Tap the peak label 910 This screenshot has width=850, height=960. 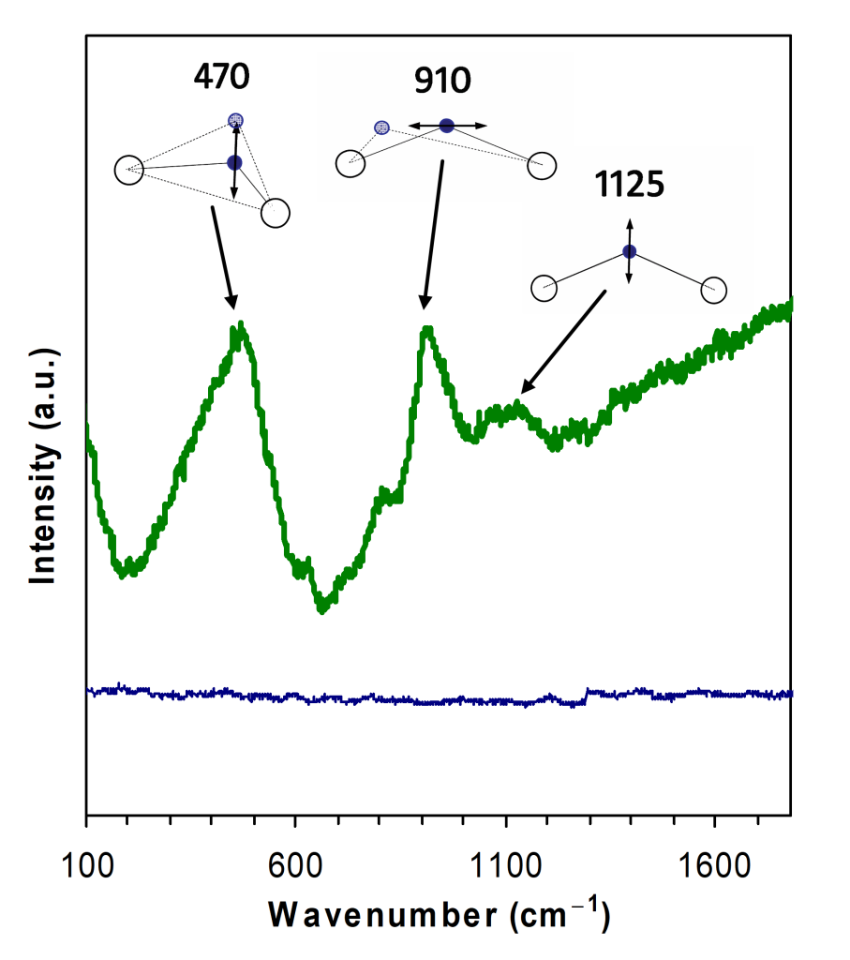click(442, 82)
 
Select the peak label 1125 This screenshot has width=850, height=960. click(629, 185)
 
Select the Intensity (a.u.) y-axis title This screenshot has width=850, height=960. click(43, 466)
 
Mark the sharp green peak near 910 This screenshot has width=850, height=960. click(427, 330)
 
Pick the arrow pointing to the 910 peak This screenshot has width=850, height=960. click(433, 234)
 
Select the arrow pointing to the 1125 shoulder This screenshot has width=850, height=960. click(563, 341)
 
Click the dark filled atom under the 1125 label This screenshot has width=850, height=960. click(630, 251)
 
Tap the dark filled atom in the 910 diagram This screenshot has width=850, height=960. click(447, 126)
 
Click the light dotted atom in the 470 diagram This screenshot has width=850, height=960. click(236, 120)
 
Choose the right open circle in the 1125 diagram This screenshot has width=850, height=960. click(714, 291)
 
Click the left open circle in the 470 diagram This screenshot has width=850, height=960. click(128, 171)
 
